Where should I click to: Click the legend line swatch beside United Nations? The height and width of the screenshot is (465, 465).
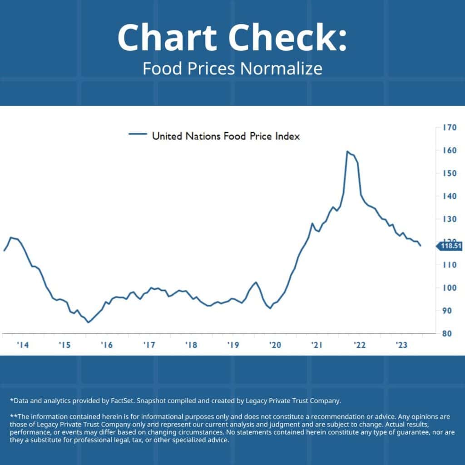pyautogui.click(x=138, y=134)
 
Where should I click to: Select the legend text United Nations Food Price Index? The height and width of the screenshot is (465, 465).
pyautogui.click(x=226, y=135)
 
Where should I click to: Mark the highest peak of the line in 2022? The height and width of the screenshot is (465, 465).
pyautogui.click(x=347, y=151)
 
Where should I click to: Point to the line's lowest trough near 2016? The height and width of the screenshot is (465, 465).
pyautogui.click(x=89, y=322)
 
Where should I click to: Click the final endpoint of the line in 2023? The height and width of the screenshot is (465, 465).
pyautogui.click(x=421, y=246)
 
